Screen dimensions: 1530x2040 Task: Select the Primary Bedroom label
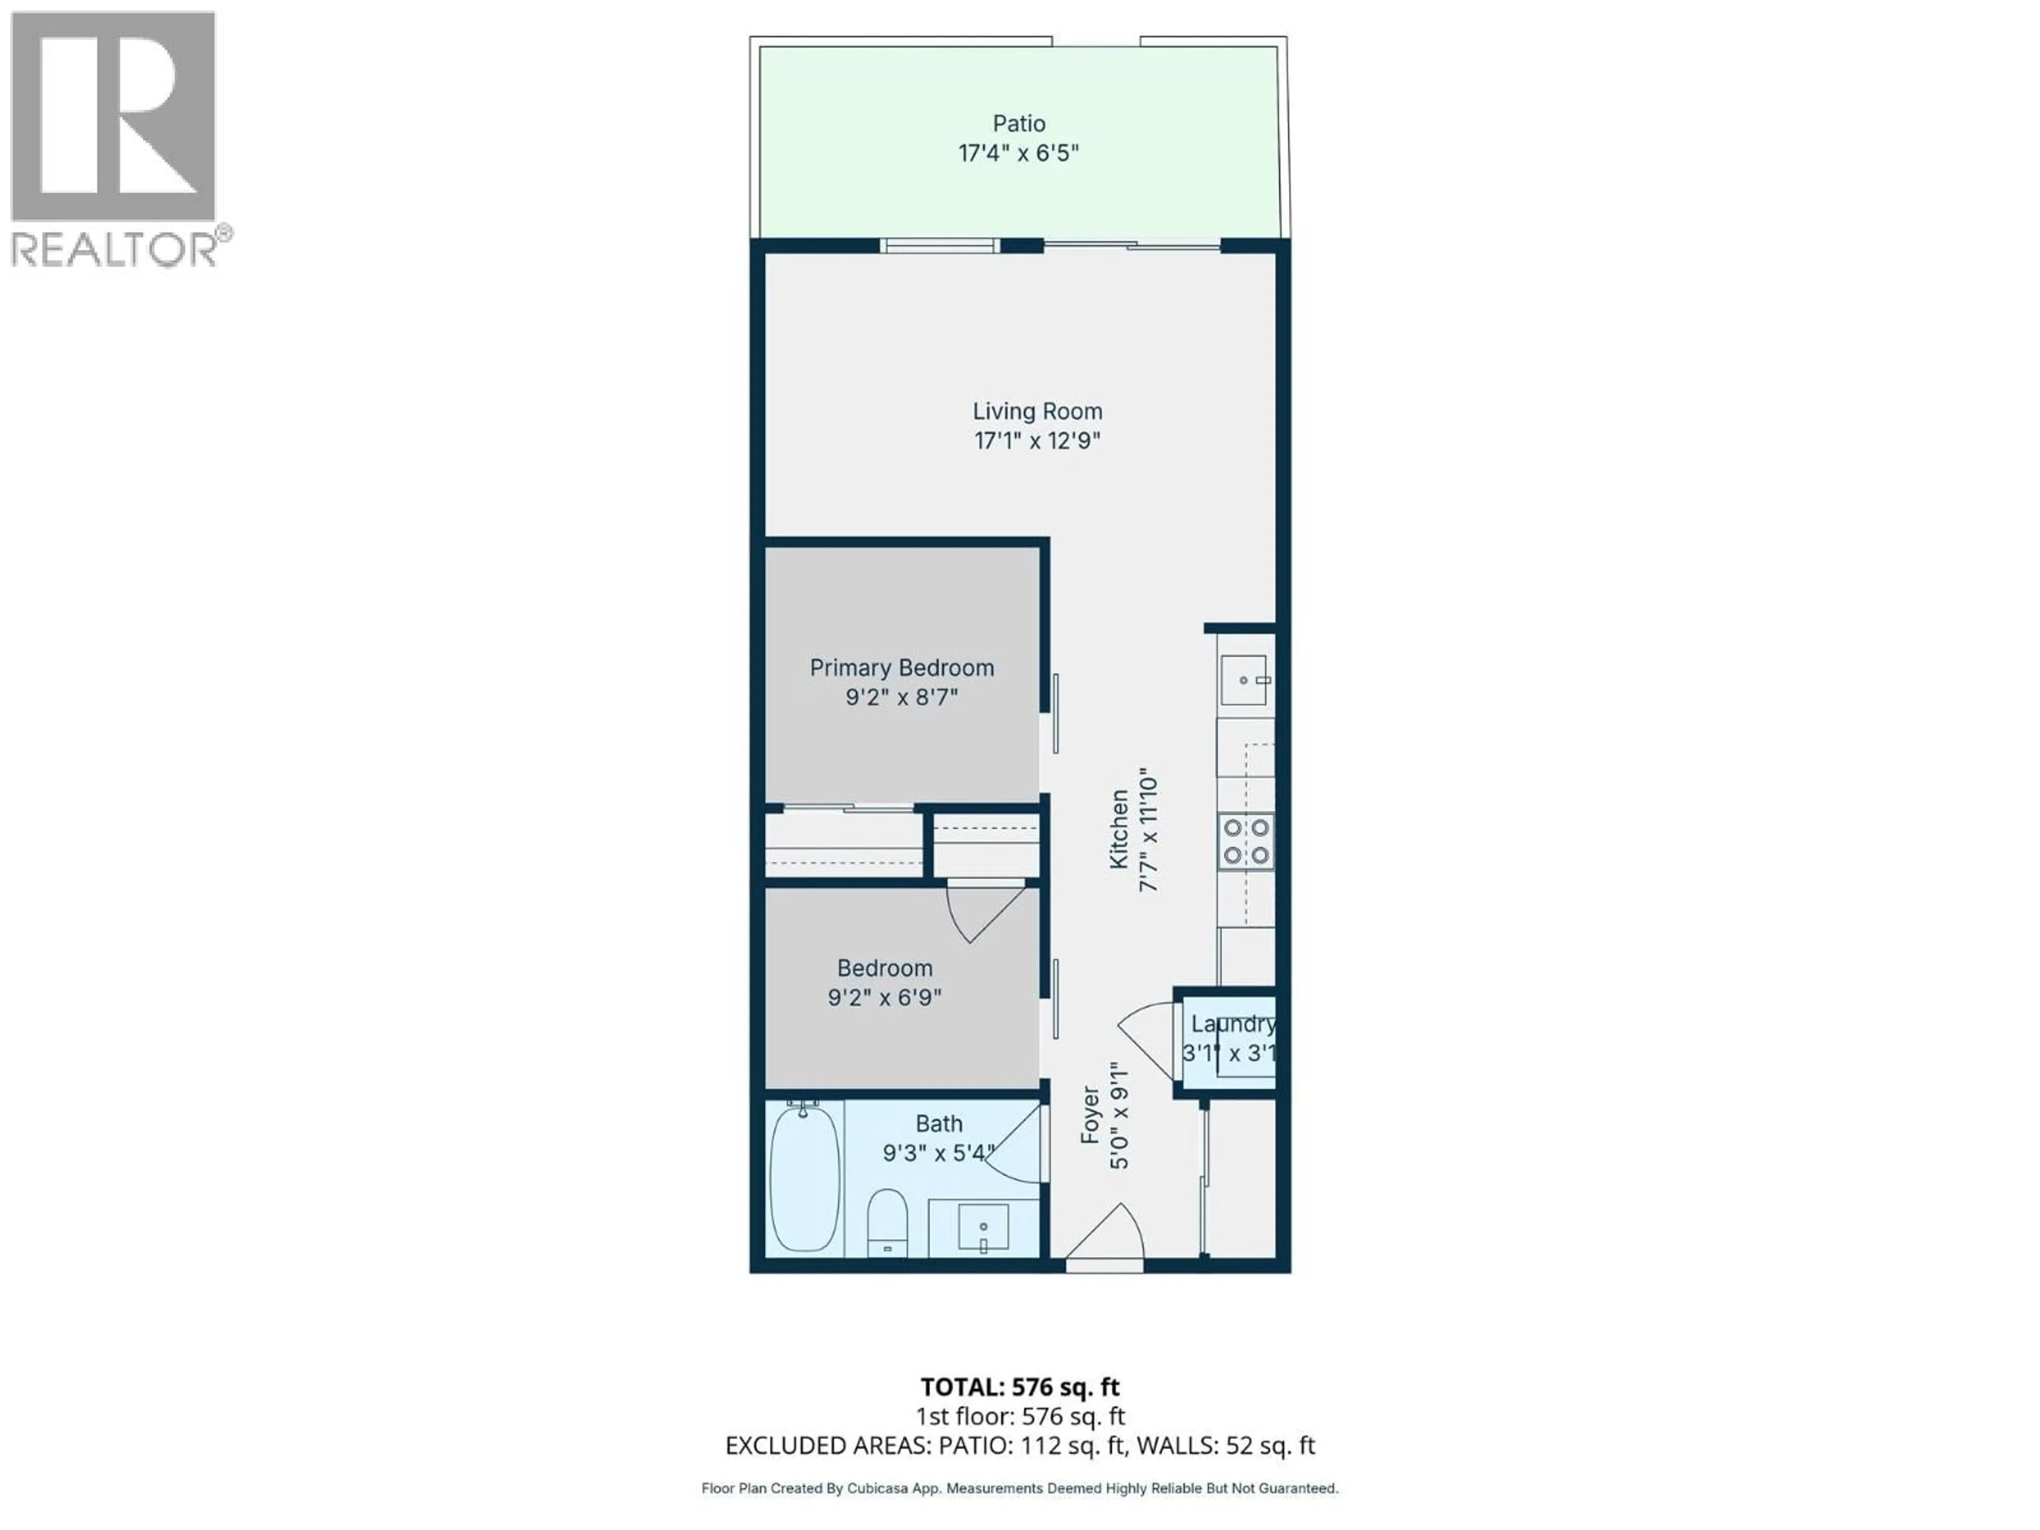point(901,668)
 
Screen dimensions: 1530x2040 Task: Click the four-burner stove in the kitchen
point(1246,841)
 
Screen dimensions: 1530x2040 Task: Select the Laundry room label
point(1232,1024)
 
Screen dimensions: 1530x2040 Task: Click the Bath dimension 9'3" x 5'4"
point(938,1153)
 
